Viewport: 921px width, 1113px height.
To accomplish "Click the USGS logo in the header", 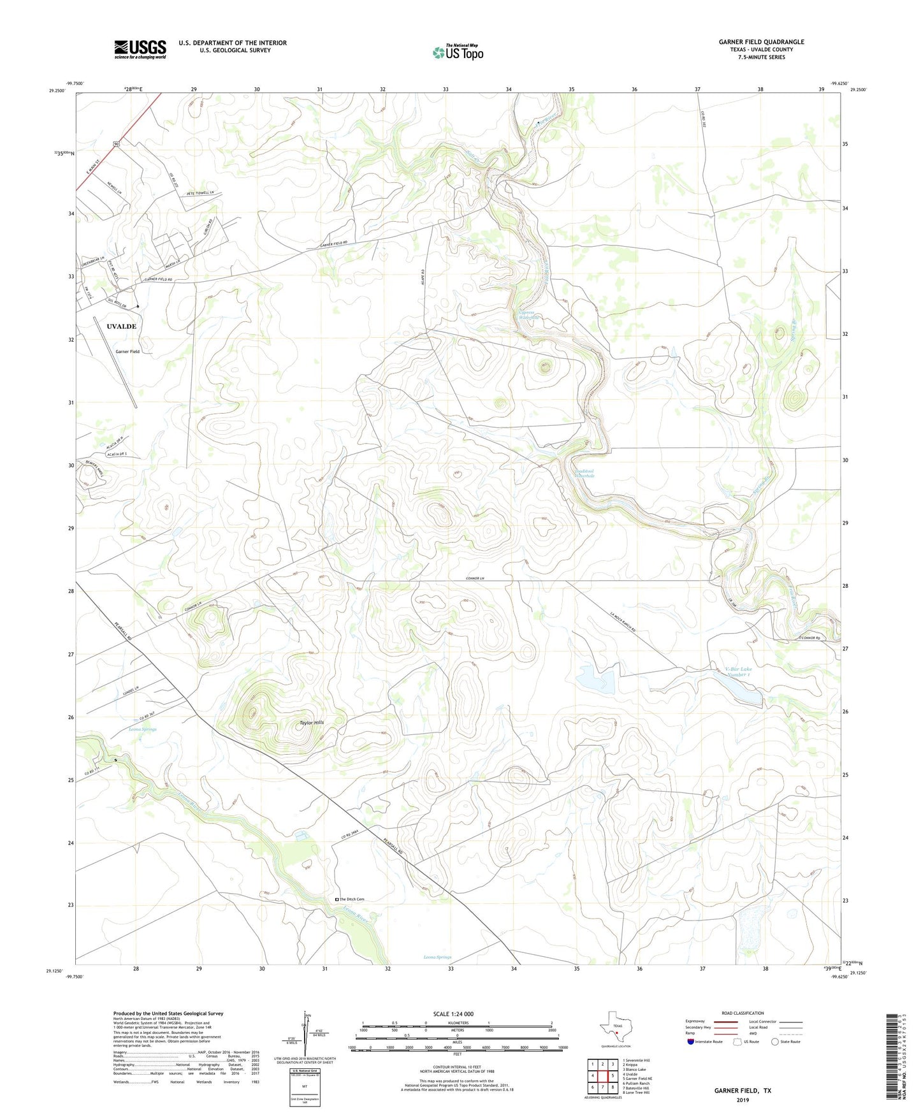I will [x=140, y=49].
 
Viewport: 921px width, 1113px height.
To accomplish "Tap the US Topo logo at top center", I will [x=458, y=52].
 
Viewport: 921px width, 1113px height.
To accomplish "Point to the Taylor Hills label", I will [x=312, y=723].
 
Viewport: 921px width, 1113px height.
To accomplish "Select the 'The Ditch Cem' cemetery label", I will [x=351, y=899].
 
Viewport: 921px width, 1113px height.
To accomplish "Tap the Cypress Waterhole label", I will [x=530, y=315].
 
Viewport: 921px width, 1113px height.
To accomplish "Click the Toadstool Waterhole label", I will [x=584, y=473].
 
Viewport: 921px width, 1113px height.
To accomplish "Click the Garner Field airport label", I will [x=127, y=351].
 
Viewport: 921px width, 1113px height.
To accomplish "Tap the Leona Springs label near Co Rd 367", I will [x=142, y=729].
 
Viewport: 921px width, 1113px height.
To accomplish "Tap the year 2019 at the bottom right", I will [x=743, y=1100].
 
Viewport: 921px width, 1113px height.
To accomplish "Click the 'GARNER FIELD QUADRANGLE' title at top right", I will [x=761, y=42].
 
